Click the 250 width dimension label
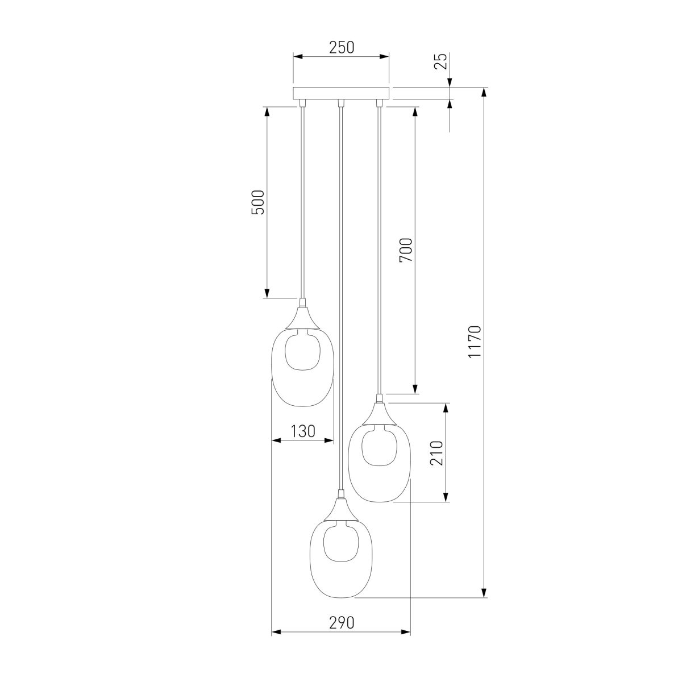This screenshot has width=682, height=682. [342, 48]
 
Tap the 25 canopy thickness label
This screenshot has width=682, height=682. [440, 61]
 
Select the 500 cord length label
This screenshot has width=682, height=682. [257, 202]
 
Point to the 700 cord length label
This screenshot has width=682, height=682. [406, 250]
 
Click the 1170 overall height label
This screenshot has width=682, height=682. [475, 342]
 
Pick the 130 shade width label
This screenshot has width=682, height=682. [302, 431]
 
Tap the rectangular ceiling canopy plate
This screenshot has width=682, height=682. [341, 93]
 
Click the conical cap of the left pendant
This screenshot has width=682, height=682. [302, 318]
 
